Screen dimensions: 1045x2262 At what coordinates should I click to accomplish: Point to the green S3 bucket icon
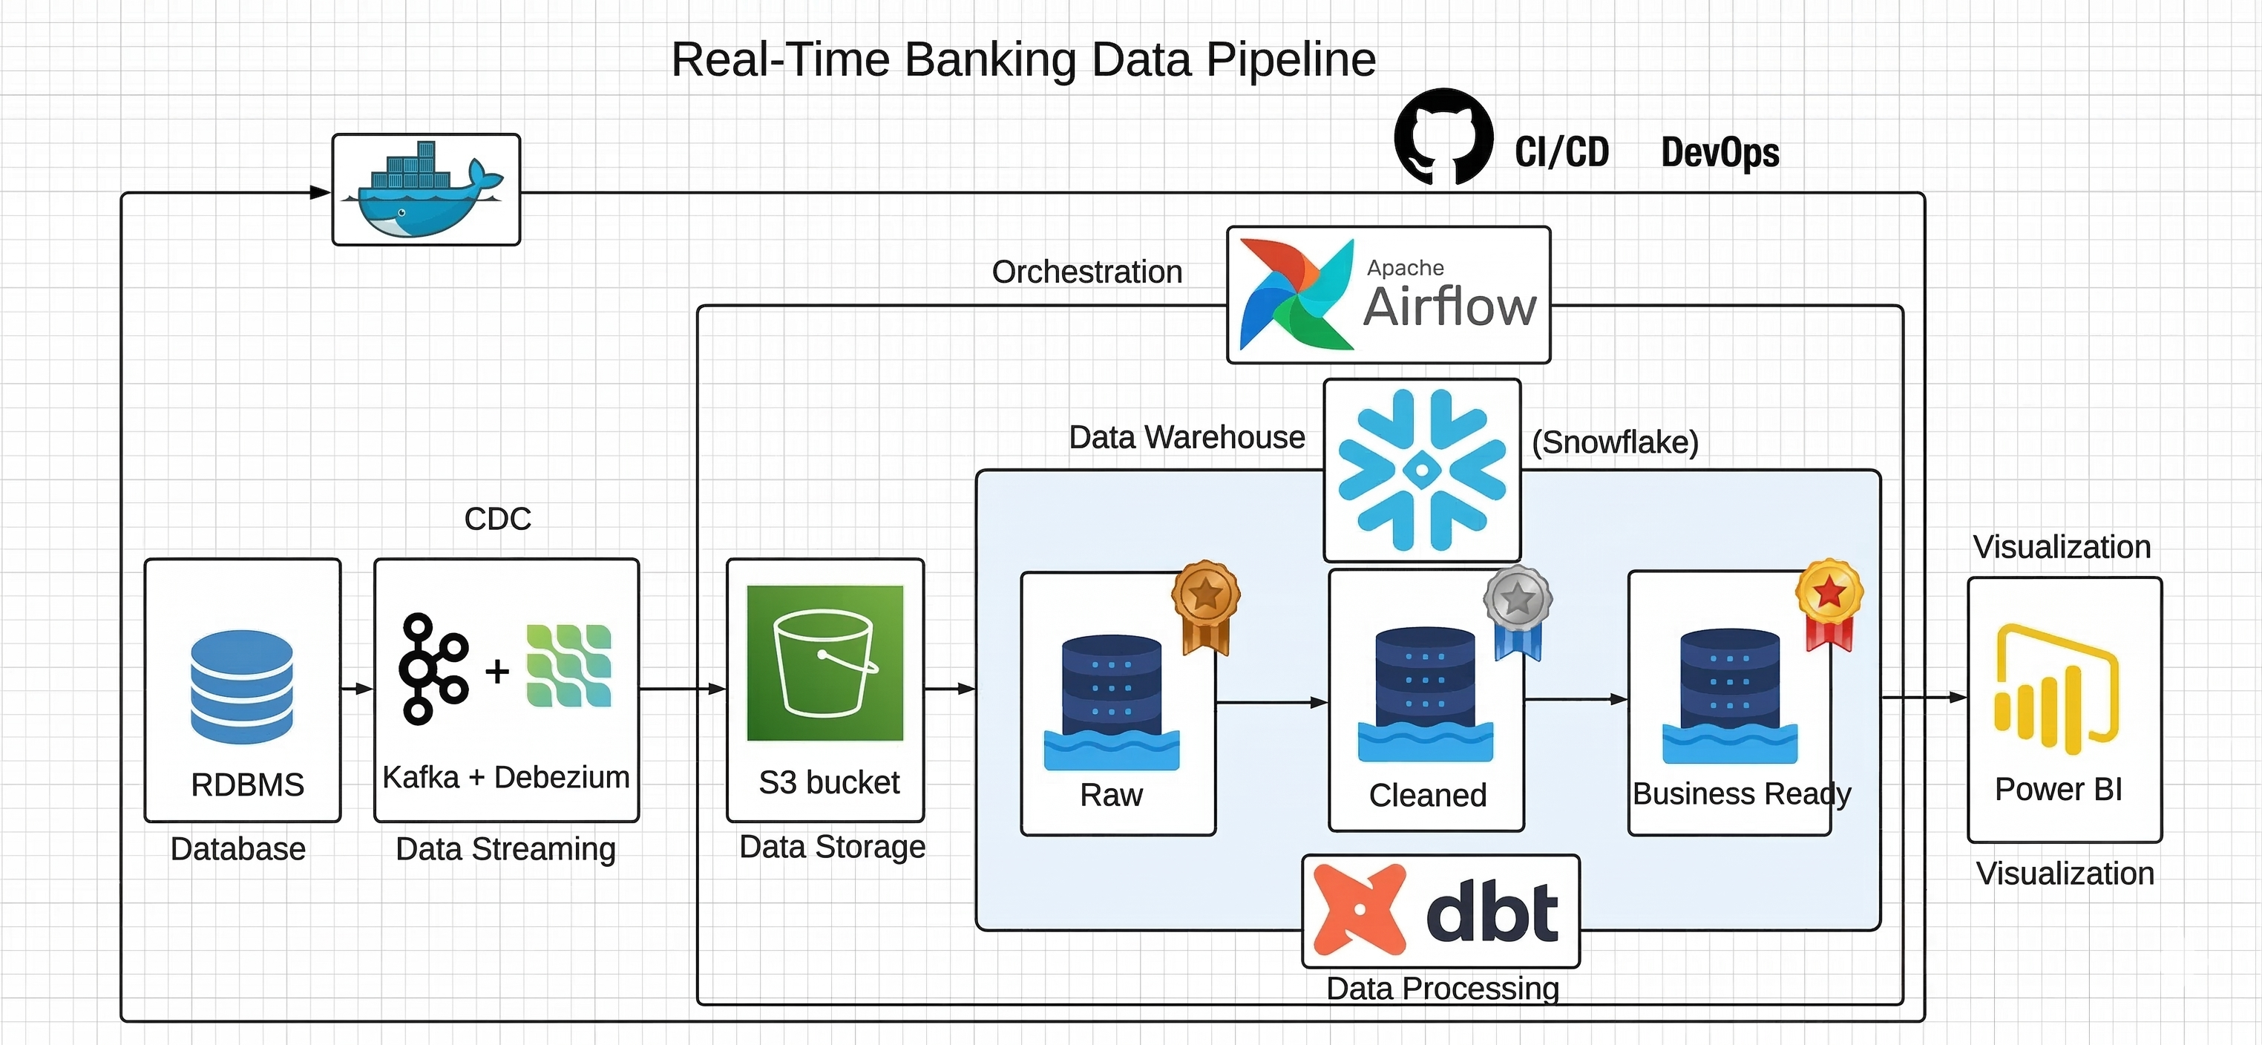[x=825, y=663]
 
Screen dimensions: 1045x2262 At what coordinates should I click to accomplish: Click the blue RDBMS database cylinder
[x=241, y=686]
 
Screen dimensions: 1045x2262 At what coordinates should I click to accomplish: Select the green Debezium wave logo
[x=568, y=666]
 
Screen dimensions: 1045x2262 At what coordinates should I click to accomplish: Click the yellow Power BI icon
[x=2056, y=689]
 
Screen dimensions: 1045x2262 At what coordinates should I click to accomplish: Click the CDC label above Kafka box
[x=497, y=518]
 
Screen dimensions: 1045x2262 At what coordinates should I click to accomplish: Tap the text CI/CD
[x=1561, y=152]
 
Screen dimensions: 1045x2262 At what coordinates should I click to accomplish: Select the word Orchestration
[x=1086, y=272]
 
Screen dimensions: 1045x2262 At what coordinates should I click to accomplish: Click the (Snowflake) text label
[x=1614, y=442]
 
